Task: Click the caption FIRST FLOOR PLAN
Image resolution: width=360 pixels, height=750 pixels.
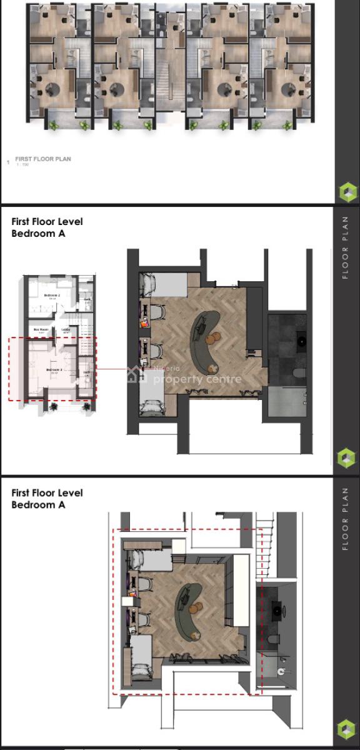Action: [x=43, y=159]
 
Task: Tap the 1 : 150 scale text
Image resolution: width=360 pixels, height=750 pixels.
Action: [x=22, y=165]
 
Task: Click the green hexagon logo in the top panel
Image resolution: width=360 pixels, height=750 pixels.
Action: [x=347, y=191]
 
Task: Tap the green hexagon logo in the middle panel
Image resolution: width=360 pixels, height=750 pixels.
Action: [x=347, y=458]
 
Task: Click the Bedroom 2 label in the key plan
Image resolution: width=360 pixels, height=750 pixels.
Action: [x=52, y=294]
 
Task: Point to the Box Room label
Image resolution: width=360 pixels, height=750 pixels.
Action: [x=41, y=329]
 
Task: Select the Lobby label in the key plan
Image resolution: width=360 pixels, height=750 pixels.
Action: [x=66, y=329]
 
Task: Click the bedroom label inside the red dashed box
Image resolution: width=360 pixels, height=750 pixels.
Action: [x=52, y=370]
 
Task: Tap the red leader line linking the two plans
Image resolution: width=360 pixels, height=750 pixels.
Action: [x=119, y=369]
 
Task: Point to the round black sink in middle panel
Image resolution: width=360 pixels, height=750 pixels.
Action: [x=302, y=341]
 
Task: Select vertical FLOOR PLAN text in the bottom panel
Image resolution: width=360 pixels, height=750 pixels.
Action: [x=346, y=519]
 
